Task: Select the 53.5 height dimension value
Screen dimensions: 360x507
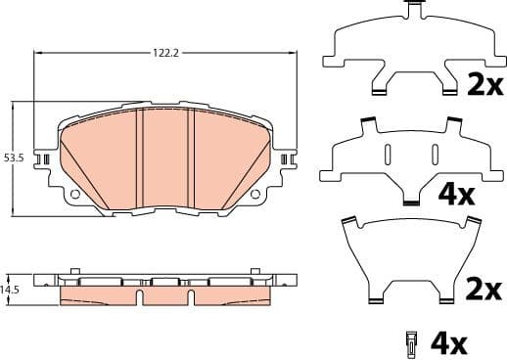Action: (13, 157)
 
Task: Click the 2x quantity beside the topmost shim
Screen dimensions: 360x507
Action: (484, 85)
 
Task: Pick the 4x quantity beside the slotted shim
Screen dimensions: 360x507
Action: (456, 194)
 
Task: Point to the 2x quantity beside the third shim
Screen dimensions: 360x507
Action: (484, 290)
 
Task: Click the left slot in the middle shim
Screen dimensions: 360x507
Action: (388, 155)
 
